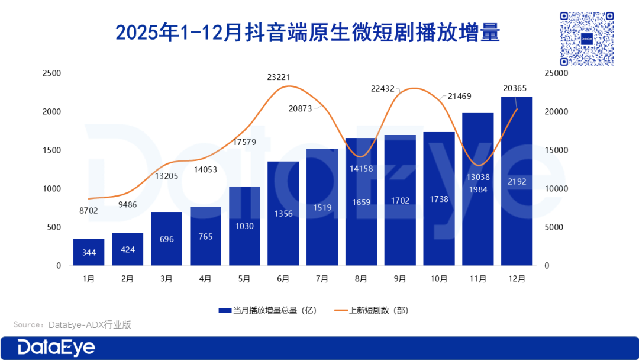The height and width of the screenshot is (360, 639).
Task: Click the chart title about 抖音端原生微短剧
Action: [x=308, y=33]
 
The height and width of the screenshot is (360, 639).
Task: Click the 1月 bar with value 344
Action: [x=89, y=252]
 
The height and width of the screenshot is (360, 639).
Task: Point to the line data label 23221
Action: [x=279, y=77]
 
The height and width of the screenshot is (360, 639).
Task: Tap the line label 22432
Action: [x=383, y=88]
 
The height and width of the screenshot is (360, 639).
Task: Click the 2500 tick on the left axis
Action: [x=51, y=73]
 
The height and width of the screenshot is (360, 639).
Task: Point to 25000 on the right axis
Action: [x=556, y=73]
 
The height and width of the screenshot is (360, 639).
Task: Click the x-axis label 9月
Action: [x=400, y=279]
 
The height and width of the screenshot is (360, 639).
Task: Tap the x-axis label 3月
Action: [x=166, y=279]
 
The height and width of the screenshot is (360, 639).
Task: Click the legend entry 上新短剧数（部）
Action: [x=372, y=310]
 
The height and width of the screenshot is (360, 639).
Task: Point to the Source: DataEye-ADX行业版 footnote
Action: [x=72, y=324]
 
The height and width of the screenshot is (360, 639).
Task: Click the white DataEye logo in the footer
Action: [x=56, y=348]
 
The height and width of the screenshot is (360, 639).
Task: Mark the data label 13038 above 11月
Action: [x=478, y=178]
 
